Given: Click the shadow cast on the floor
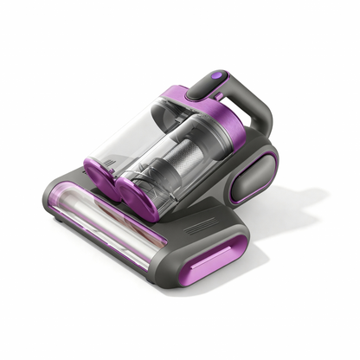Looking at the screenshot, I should click(286, 216).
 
